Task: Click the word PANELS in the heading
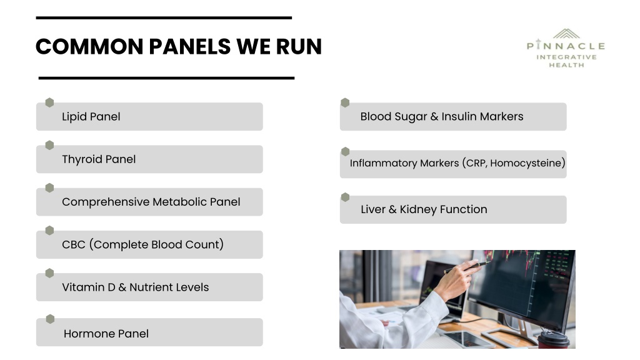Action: (190, 46)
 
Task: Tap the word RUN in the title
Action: (299, 46)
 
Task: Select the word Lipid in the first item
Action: (74, 117)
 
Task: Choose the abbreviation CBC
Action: (74, 244)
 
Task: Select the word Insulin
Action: (459, 116)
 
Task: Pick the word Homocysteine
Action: (526, 163)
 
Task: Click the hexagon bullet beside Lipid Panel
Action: (49, 102)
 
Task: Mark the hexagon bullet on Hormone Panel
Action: (50, 319)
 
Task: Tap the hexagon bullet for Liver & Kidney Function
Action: (345, 197)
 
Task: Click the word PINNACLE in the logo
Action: (566, 45)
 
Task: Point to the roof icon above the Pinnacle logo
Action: (566, 34)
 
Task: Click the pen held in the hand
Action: (466, 267)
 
